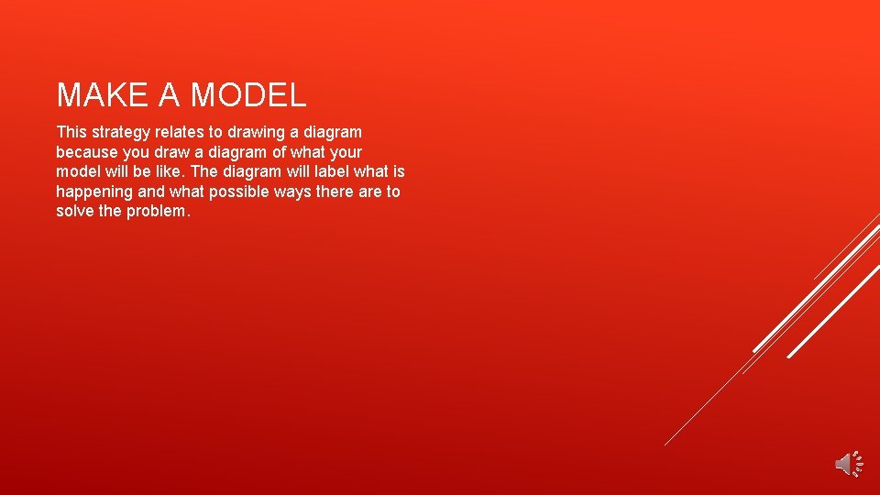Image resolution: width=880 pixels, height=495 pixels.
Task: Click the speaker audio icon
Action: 848,464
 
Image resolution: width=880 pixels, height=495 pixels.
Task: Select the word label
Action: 328,171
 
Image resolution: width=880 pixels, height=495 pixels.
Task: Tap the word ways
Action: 291,192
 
